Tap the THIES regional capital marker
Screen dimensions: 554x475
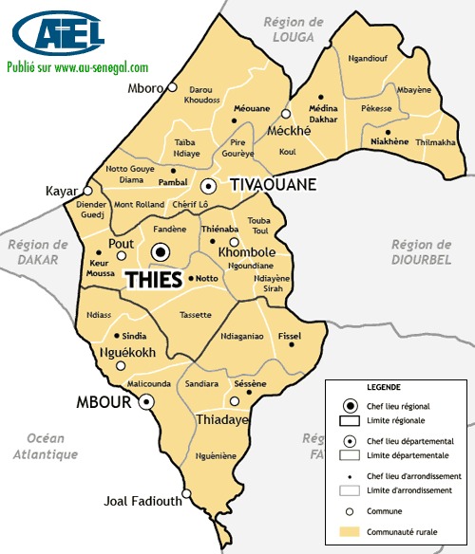coord(161,252)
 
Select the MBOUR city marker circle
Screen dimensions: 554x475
coord(147,402)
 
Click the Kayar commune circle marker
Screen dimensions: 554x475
coord(89,191)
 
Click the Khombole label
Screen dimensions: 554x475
coord(247,254)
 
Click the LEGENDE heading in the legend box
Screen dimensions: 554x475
coord(382,388)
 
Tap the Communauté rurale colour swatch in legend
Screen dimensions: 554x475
coord(350,532)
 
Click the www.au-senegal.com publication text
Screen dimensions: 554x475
coord(78,67)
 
